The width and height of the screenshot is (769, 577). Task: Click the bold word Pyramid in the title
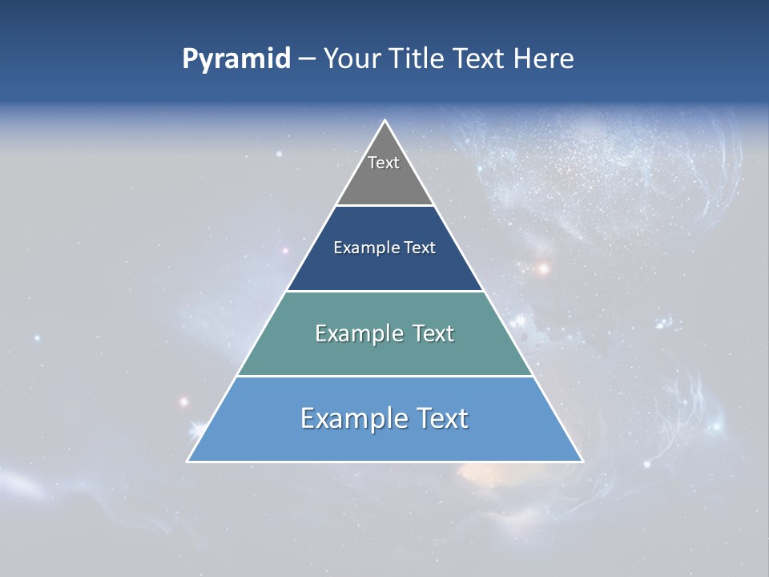[x=236, y=59]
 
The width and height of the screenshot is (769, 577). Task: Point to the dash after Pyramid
[x=306, y=59]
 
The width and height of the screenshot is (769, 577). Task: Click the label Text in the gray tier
[x=384, y=163]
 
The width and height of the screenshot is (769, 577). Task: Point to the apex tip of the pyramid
[x=385, y=121]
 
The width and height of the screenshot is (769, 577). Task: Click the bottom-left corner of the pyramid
[x=188, y=461]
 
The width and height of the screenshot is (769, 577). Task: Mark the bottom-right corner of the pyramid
[x=582, y=461]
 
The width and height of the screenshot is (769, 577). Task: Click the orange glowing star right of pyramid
[x=543, y=268]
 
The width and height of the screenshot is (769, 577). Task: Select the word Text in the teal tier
[x=434, y=333]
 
